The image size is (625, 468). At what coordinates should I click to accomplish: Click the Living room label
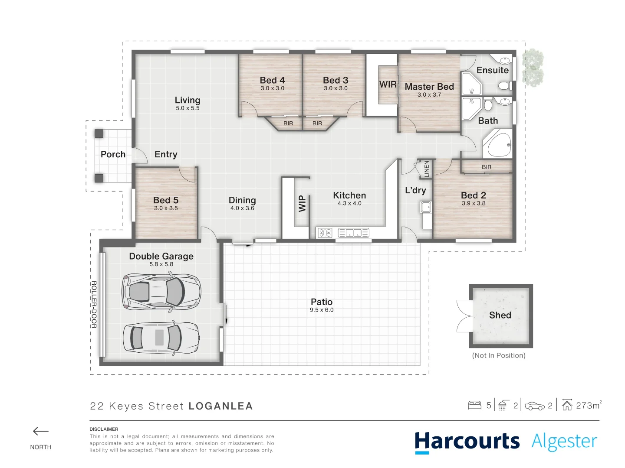(187, 100)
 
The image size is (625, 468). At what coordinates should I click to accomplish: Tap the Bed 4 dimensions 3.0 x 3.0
(272, 88)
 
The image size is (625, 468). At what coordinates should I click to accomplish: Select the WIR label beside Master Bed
(388, 84)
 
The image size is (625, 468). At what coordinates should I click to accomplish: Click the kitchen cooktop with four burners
(325, 233)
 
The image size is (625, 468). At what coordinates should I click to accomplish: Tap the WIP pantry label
(302, 204)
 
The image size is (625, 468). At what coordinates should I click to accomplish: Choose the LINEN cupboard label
(426, 169)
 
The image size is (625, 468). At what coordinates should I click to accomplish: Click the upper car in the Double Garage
(161, 291)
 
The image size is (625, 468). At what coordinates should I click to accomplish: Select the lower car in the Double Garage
(161, 338)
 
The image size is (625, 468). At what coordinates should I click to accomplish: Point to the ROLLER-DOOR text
(94, 304)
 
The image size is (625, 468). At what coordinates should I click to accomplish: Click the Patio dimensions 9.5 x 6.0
(322, 310)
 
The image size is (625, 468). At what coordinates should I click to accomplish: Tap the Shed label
(500, 315)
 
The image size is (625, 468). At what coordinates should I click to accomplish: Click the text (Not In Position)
(499, 355)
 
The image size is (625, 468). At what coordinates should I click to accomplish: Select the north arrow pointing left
(41, 431)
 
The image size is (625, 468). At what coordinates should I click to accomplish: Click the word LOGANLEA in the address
(220, 406)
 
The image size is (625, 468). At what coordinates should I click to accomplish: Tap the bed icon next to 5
(474, 406)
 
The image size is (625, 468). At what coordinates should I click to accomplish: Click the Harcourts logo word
(467, 442)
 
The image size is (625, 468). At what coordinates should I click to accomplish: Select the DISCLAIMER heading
(104, 429)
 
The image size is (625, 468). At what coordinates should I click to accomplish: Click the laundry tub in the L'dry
(426, 208)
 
